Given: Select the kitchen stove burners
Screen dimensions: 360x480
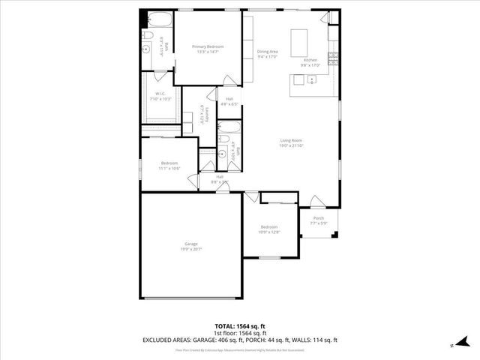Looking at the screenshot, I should (x=333, y=57).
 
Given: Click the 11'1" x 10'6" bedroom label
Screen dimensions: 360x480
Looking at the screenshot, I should (x=169, y=166).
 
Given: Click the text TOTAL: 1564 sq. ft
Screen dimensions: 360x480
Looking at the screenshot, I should (x=240, y=325).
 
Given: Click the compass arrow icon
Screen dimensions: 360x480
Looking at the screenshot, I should (x=452, y=346).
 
